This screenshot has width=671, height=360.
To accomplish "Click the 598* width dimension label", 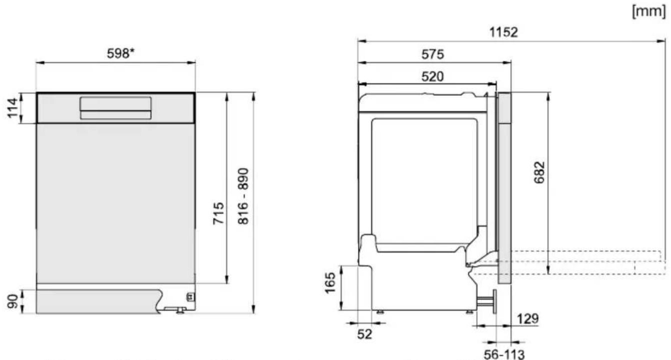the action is click(x=121, y=53).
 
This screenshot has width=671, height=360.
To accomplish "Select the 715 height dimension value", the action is click(x=218, y=213).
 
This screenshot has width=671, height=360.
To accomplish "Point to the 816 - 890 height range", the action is click(x=243, y=196).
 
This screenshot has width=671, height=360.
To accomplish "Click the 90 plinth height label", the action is click(x=12, y=302).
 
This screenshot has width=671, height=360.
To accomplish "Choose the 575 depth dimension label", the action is click(x=433, y=54).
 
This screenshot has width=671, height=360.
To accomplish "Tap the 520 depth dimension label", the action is click(x=432, y=77).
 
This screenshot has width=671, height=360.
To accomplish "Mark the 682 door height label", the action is click(x=540, y=172).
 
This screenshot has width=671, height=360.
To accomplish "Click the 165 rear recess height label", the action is click(x=330, y=283).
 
